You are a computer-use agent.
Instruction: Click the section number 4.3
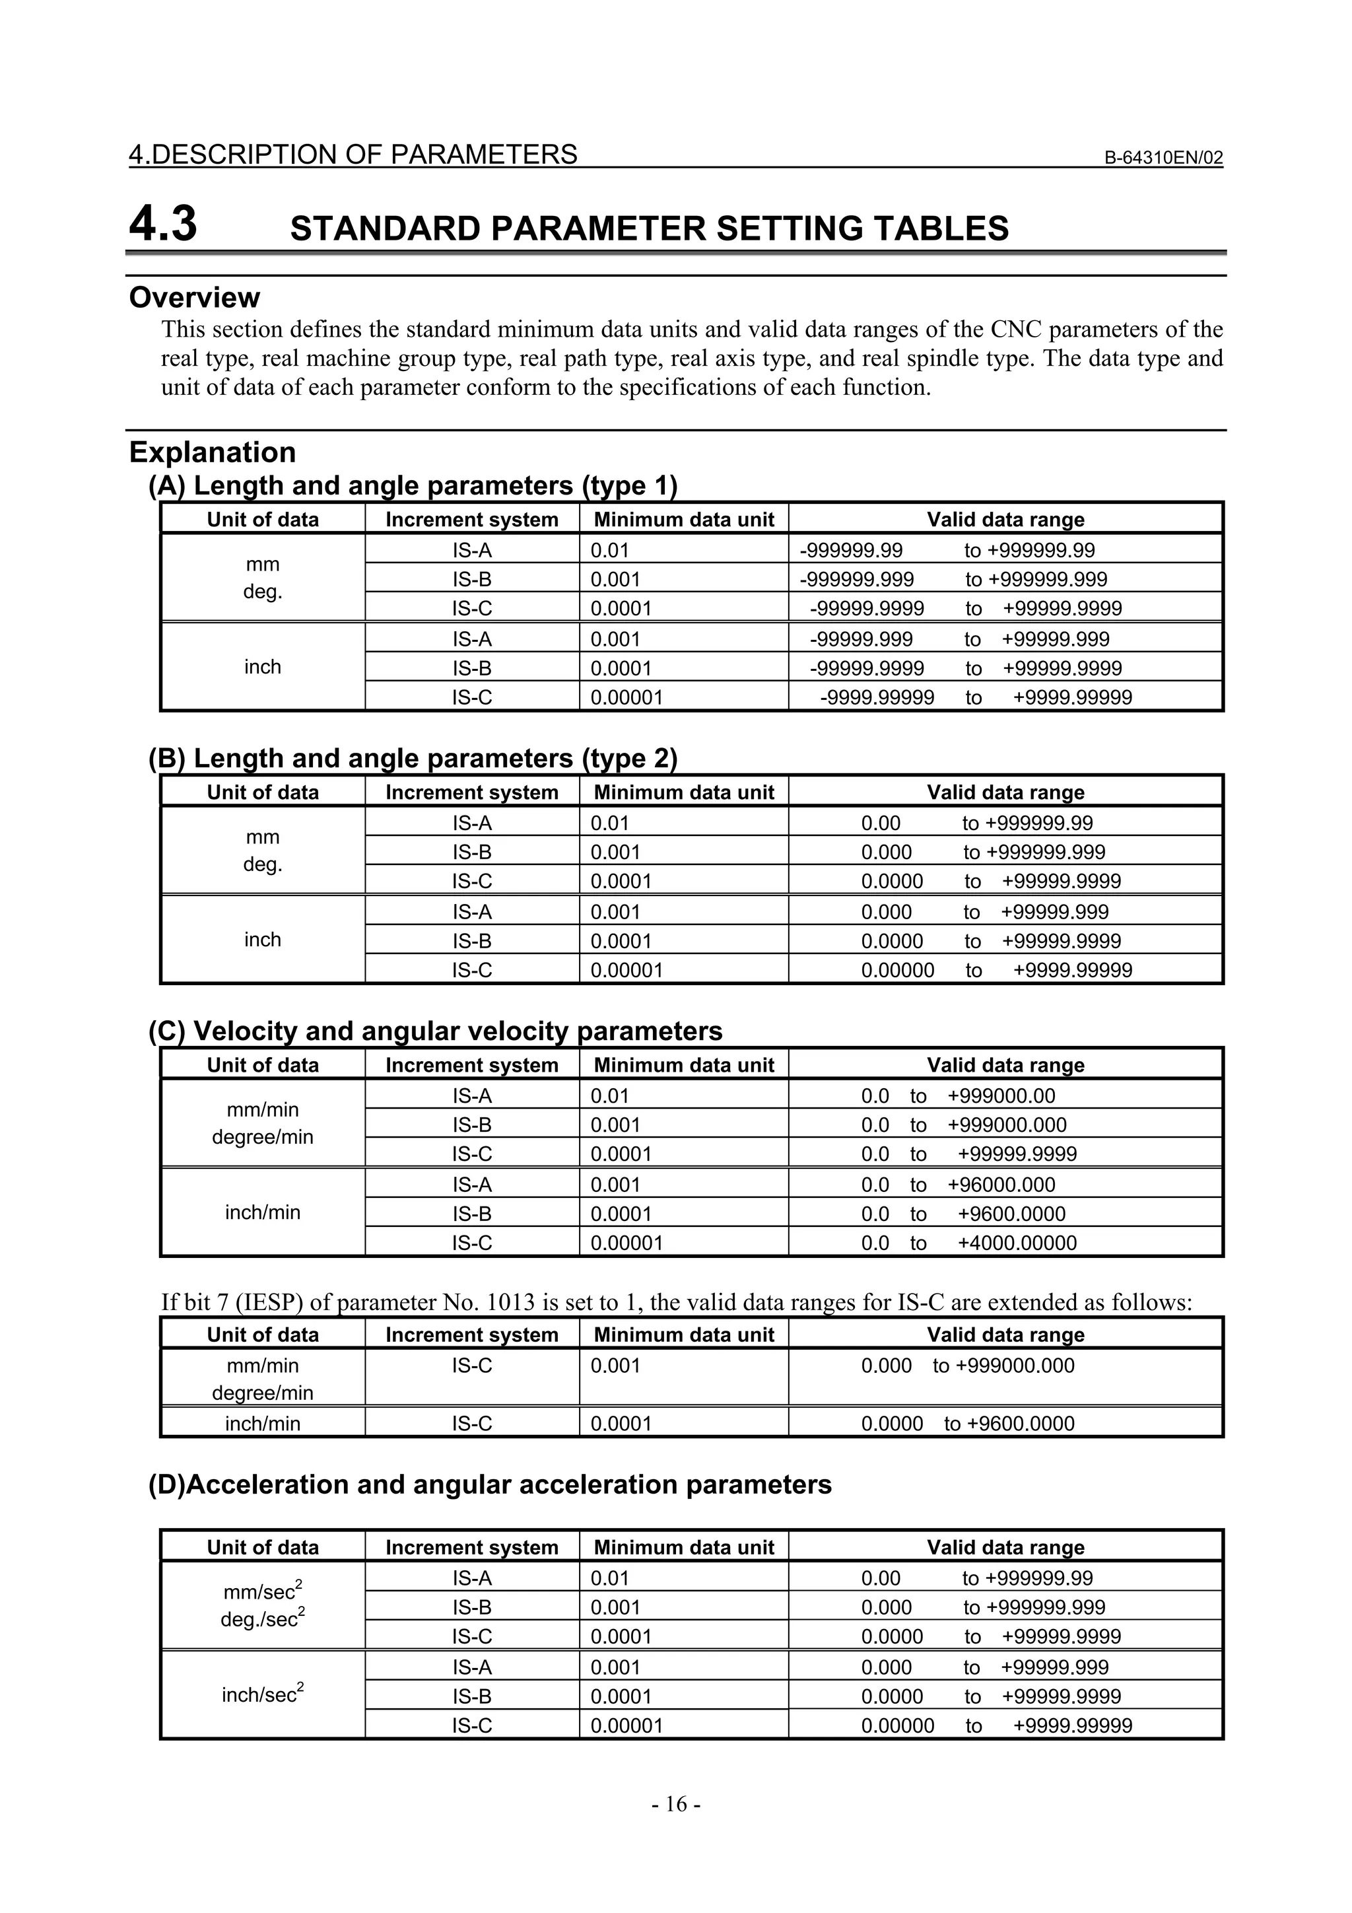(163, 224)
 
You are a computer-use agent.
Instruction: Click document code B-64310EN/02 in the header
(1163, 157)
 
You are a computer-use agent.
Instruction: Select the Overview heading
(194, 297)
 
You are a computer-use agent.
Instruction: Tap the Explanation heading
(213, 452)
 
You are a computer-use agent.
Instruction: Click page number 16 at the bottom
(675, 1804)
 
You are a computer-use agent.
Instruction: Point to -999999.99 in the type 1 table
(850, 551)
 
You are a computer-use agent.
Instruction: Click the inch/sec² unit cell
(262, 1694)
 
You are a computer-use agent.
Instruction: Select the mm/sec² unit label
(262, 1591)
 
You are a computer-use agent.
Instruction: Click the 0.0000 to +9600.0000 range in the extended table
(967, 1424)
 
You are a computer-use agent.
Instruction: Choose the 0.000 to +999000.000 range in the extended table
(967, 1366)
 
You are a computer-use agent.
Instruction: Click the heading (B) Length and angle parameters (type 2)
(413, 758)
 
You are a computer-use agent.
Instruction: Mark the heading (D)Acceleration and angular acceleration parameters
(490, 1484)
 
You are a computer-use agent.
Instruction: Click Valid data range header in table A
(1005, 520)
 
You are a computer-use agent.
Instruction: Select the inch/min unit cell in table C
(262, 1212)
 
